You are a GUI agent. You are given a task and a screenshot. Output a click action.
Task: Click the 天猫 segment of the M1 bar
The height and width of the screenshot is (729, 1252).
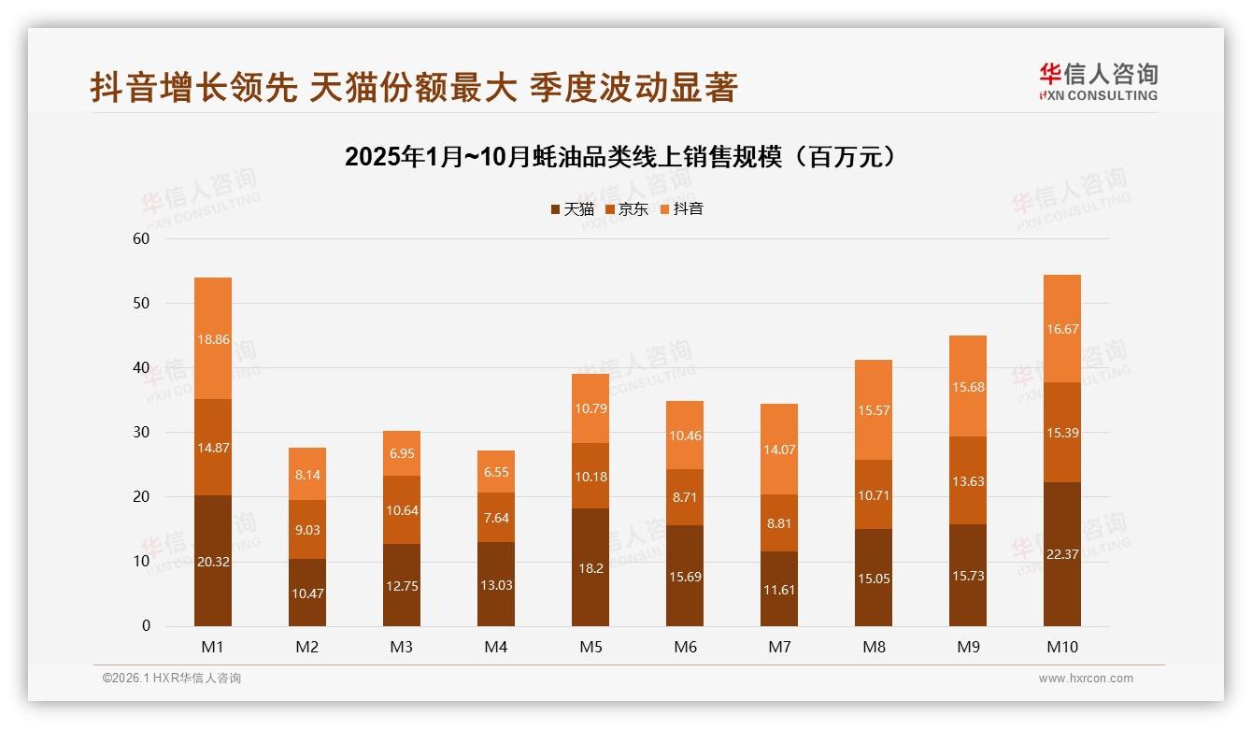(213, 561)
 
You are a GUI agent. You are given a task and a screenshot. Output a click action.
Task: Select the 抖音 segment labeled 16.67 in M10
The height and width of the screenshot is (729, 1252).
(1062, 328)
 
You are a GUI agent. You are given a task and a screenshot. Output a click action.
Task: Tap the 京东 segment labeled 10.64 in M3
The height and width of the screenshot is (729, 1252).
(402, 509)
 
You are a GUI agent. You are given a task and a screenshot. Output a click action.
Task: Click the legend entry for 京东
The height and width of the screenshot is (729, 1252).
(627, 209)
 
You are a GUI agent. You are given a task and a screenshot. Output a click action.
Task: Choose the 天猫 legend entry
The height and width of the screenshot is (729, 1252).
(572, 209)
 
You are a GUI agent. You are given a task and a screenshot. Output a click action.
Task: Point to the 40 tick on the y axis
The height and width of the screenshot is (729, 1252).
(141, 368)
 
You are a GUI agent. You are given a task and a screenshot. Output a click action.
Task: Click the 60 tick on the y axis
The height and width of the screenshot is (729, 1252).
(141, 238)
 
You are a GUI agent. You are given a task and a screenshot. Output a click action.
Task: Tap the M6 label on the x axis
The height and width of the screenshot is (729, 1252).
(685, 647)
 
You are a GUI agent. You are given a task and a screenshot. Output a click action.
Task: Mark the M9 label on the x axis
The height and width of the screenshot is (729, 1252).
(968, 647)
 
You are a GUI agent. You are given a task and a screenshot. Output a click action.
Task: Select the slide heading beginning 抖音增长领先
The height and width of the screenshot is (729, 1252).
(414, 87)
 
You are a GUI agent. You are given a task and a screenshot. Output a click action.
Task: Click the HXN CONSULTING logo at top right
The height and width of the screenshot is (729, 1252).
(1098, 82)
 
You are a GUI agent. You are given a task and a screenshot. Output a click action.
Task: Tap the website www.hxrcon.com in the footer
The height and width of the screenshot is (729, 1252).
(1086, 679)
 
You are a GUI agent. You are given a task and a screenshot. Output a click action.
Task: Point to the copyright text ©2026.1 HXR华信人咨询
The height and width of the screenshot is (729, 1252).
(172, 679)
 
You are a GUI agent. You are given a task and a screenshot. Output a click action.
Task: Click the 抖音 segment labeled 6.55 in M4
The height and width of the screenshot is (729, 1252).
(496, 472)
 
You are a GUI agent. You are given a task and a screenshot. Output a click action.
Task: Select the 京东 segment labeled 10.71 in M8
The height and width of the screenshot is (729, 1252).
(874, 494)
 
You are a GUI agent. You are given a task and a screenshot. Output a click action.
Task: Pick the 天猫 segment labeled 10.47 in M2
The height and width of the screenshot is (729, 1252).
(307, 593)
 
